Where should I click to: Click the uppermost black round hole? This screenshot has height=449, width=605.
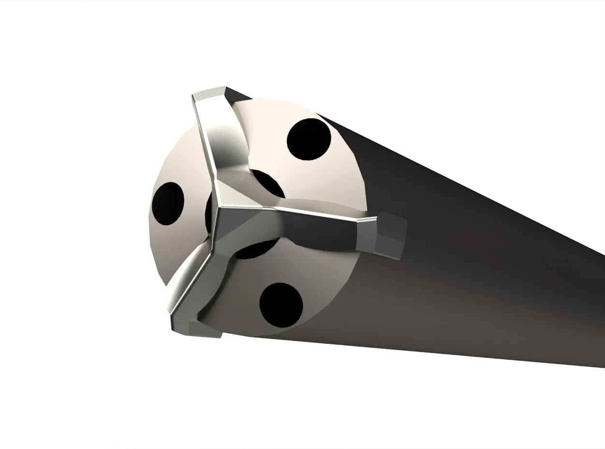tap(309, 139)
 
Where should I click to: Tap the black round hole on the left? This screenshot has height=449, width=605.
tap(168, 203)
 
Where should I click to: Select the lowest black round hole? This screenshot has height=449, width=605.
tap(281, 305)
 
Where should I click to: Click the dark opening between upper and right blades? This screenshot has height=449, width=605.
tap(266, 186)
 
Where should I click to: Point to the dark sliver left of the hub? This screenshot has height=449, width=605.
tap(208, 213)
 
